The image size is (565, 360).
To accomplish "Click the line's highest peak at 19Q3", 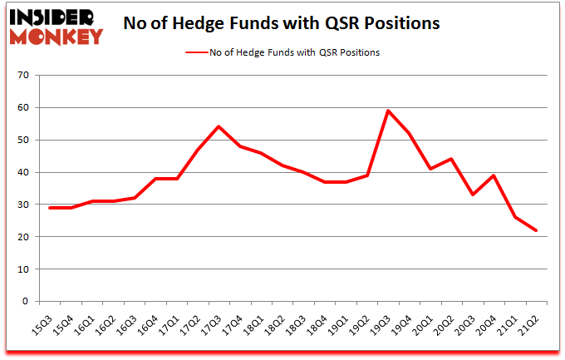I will [388, 111].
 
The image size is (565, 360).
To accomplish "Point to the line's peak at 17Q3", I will [219, 126].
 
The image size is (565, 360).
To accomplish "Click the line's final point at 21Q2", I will [536, 230].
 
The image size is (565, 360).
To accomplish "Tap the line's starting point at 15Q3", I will [50, 208].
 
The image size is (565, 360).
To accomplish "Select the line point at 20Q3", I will [473, 195].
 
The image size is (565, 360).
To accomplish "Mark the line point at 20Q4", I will [494, 175].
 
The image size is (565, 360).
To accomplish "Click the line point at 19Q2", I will [366, 175].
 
